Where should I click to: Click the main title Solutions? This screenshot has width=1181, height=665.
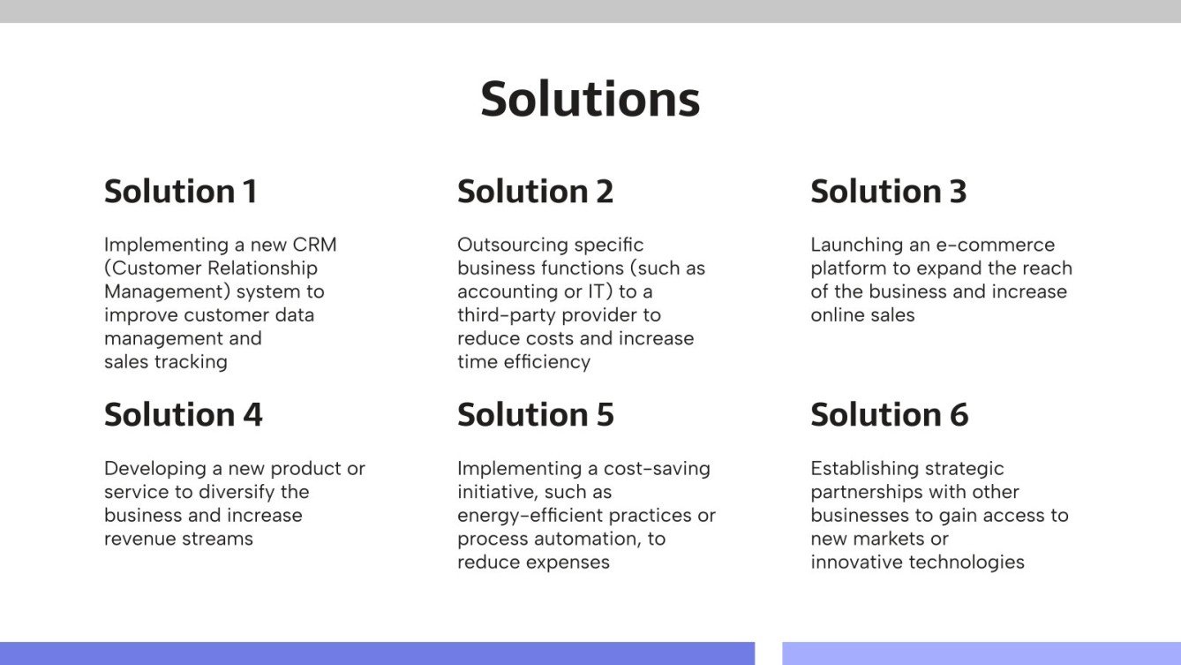coord(590,98)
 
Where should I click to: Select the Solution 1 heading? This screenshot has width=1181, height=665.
coord(180,192)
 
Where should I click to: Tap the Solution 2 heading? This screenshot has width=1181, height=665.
coord(535,192)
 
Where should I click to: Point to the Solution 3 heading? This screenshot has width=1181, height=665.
coord(888,192)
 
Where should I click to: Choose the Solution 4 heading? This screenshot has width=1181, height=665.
coord(183,415)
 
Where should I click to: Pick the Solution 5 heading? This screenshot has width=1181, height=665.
coord(535,415)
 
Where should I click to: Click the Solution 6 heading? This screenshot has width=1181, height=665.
coord(889,415)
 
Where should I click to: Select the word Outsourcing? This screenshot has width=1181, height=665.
coord(512,245)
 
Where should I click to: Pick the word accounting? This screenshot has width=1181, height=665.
coord(503,291)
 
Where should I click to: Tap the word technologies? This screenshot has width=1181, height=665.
coord(969,562)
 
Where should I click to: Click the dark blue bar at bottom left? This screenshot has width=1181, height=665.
coord(377,654)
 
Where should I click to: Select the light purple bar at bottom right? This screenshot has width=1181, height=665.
coord(981,654)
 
